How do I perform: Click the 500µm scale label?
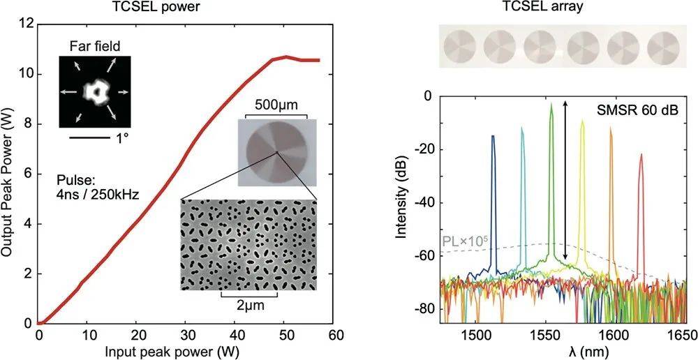coord(277,98)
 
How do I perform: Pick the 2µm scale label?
coord(249,306)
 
